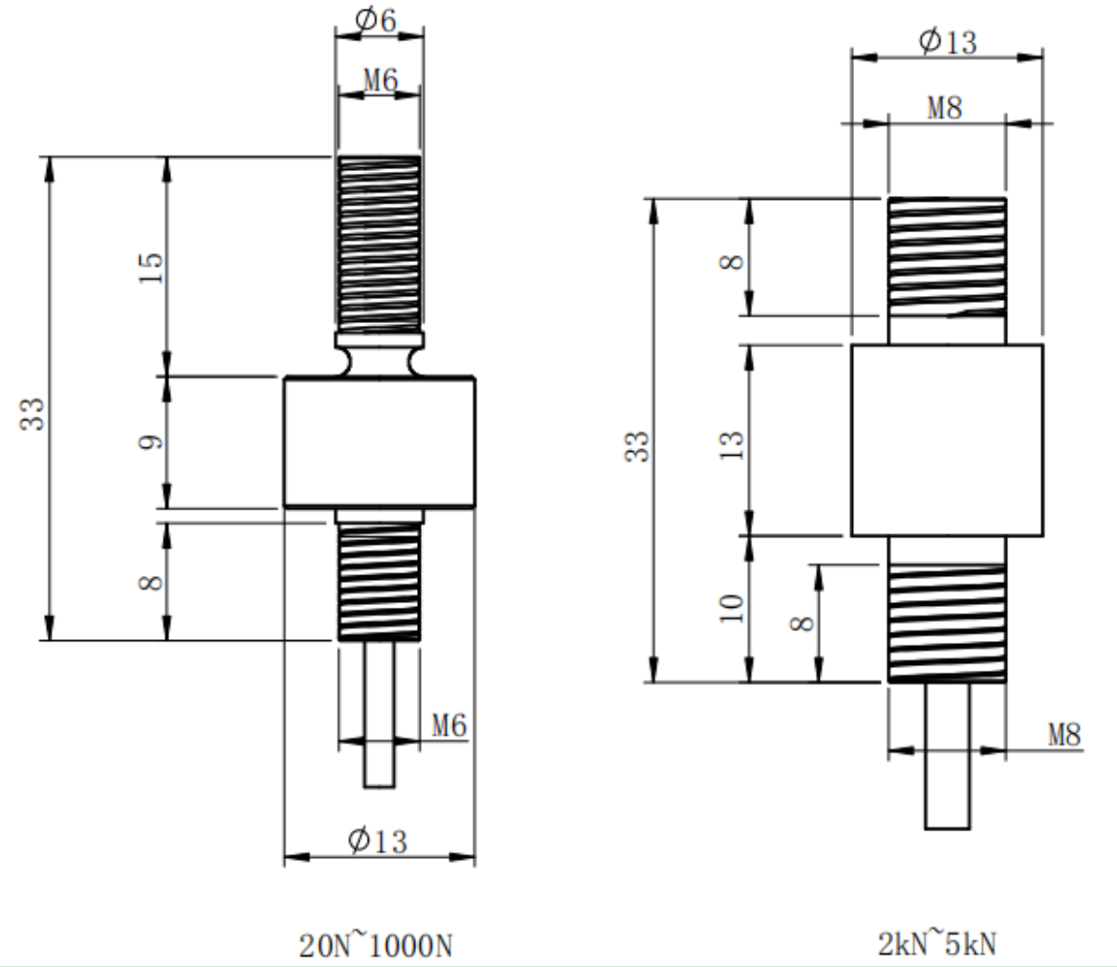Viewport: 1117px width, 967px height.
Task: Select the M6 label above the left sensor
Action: point(380,82)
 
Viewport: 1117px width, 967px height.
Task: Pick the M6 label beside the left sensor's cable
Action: point(449,726)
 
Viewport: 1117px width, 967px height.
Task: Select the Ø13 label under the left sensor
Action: point(378,841)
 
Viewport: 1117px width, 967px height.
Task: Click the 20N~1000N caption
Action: point(376,946)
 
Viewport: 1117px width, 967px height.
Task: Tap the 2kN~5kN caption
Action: point(937,945)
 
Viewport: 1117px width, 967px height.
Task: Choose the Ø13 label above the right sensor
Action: point(948,41)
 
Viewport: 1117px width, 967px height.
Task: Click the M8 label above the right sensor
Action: point(945,108)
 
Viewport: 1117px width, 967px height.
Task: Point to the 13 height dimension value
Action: point(733,441)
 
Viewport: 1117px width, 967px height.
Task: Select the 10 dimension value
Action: point(733,609)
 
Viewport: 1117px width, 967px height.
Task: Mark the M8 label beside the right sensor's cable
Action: point(1063,735)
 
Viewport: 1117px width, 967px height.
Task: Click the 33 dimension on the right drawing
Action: point(639,446)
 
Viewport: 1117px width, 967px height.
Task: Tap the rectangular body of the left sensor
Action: point(380,441)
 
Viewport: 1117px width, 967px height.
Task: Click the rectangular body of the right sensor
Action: point(947,440)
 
